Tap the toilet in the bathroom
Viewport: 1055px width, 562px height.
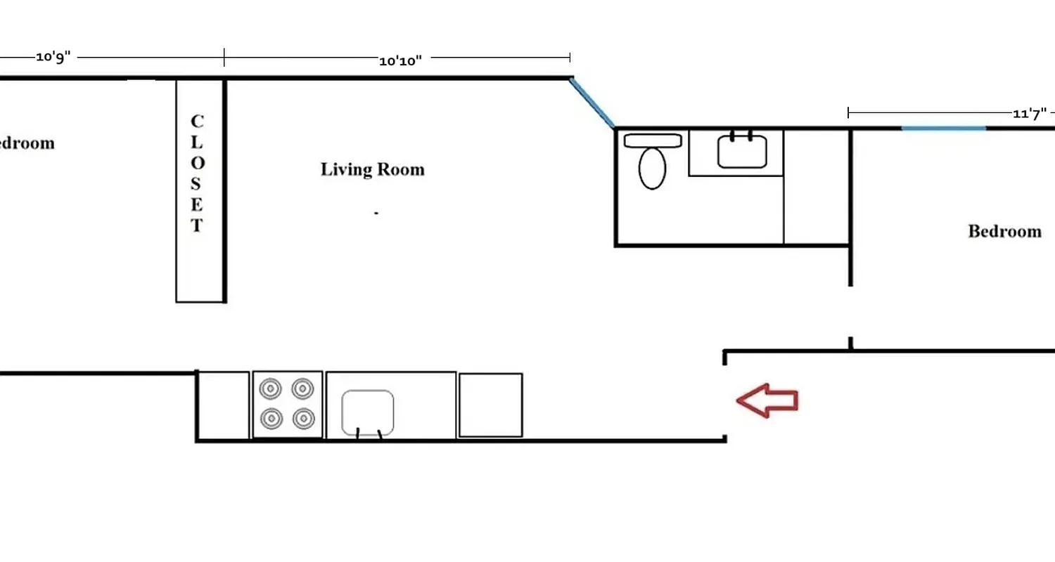tap(653, 167)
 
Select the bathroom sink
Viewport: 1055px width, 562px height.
tap(742, 151)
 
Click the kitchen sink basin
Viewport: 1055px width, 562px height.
tap(367, 412)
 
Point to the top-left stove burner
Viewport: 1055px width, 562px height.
tap(271, 388)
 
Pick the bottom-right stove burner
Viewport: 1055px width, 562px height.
tap(303, 419)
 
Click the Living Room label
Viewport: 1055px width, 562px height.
tap(372, 169)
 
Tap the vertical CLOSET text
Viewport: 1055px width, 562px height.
tap(197, 174)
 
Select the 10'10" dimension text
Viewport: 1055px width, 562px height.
tap(400, 60)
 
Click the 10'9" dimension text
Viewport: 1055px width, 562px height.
tap(53, 58)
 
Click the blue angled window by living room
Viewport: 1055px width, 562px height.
tap(592, 103)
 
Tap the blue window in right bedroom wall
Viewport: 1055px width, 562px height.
tap(943, 128)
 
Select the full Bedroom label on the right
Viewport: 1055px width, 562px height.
tap(1004, 231)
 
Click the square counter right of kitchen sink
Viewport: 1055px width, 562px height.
tap(490, 405)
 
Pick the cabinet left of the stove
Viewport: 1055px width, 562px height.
tap(223, 405)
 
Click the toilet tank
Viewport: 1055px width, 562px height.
tap(653, 140)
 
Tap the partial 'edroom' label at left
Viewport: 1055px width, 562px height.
tap(27, 143)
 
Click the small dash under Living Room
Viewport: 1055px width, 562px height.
tap(376, 213)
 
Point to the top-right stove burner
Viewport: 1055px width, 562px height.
tap(303, 388)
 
